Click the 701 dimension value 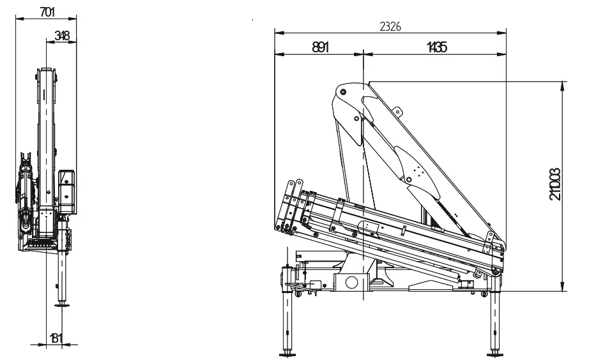pyautogui.click(x=47, y=12)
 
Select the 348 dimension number pyautogui.click(x=62, y=35)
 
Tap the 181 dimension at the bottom pyautogui.click(x=56, y=338)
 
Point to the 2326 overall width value pyautogui.click(x=390, y=27)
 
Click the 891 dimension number pyautogui.click(x=321, y=47)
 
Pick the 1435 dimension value pyautogui.click(x=436, y=47)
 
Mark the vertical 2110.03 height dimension pyautogui.click(x=555, y=184)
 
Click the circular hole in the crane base pyautogui.click(x=351, y=283)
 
